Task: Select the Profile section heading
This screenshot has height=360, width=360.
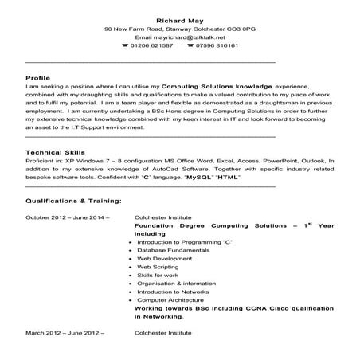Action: pos(37,78)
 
